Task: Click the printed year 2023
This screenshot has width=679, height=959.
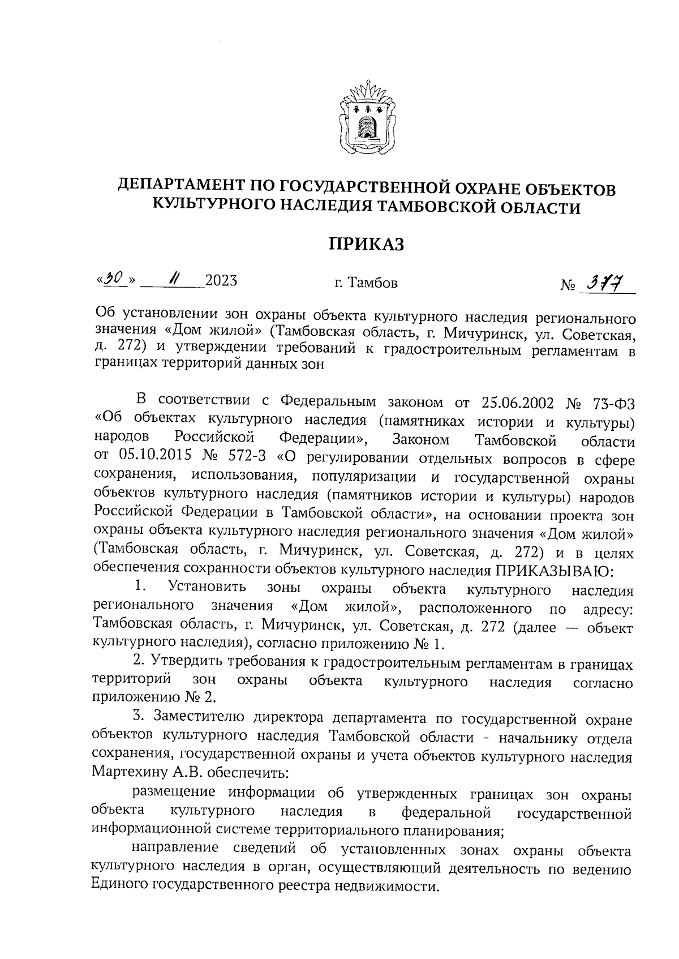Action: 221,280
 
